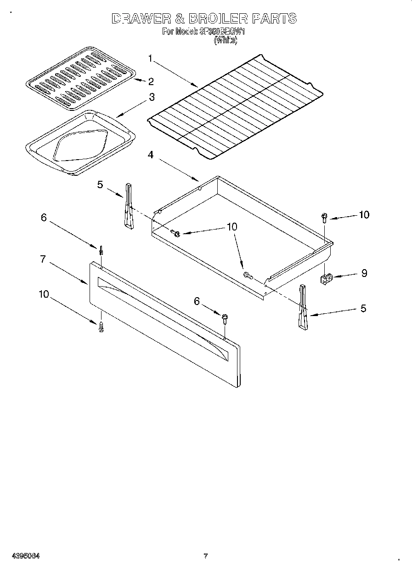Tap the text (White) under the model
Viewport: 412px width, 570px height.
point(226,40)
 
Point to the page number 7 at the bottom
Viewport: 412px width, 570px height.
point(206,556)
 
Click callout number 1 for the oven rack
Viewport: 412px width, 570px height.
point(150,58)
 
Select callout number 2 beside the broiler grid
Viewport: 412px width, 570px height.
point(151,81)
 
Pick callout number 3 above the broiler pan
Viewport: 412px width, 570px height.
point(151,98)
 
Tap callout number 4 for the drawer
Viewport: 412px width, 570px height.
point(150,155)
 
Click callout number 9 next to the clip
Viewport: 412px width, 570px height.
point(364,273)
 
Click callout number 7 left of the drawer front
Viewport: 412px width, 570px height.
point(43,259)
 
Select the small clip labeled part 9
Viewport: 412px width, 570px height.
point(326,279)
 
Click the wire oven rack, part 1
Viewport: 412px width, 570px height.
point(234,104)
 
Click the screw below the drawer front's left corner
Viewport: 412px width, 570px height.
point(101,326)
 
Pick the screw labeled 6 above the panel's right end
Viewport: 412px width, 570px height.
point(225,318)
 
